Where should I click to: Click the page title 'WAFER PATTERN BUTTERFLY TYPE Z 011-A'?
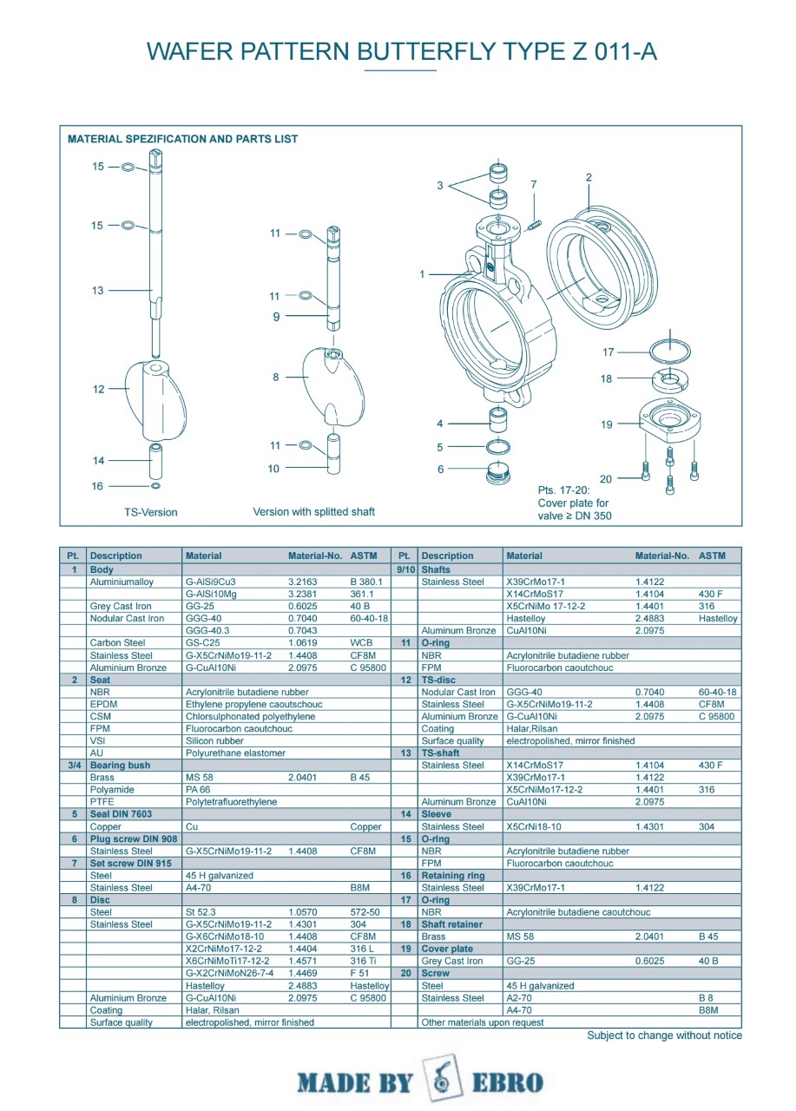(x=402, y=51)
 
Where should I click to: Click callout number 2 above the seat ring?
(x=589, y=178)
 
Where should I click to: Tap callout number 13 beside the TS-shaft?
(x=98, y=291)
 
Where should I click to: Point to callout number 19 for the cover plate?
(x=606, y=424)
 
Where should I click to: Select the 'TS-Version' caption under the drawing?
(x=150, y=512)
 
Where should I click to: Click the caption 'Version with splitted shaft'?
(x=313, y=512)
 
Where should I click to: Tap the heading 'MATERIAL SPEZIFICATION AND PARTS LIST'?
(x=182, y=139)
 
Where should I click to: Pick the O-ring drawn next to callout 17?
(x=670, y=351)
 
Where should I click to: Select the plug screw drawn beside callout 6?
(x=498, y=473)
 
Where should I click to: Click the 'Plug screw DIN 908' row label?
(x=134, y=838)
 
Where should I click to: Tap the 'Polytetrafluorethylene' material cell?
(x=231, y=802)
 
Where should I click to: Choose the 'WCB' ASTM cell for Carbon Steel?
(x=361, y=643)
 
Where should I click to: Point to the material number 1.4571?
(x=301, y=961)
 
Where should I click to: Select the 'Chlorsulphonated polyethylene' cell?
(x=250, y=717)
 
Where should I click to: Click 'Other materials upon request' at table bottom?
(x=483, y=1022)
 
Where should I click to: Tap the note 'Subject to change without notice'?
(x=664, y=1035)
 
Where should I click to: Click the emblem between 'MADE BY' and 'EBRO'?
(x=441, y=1081)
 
